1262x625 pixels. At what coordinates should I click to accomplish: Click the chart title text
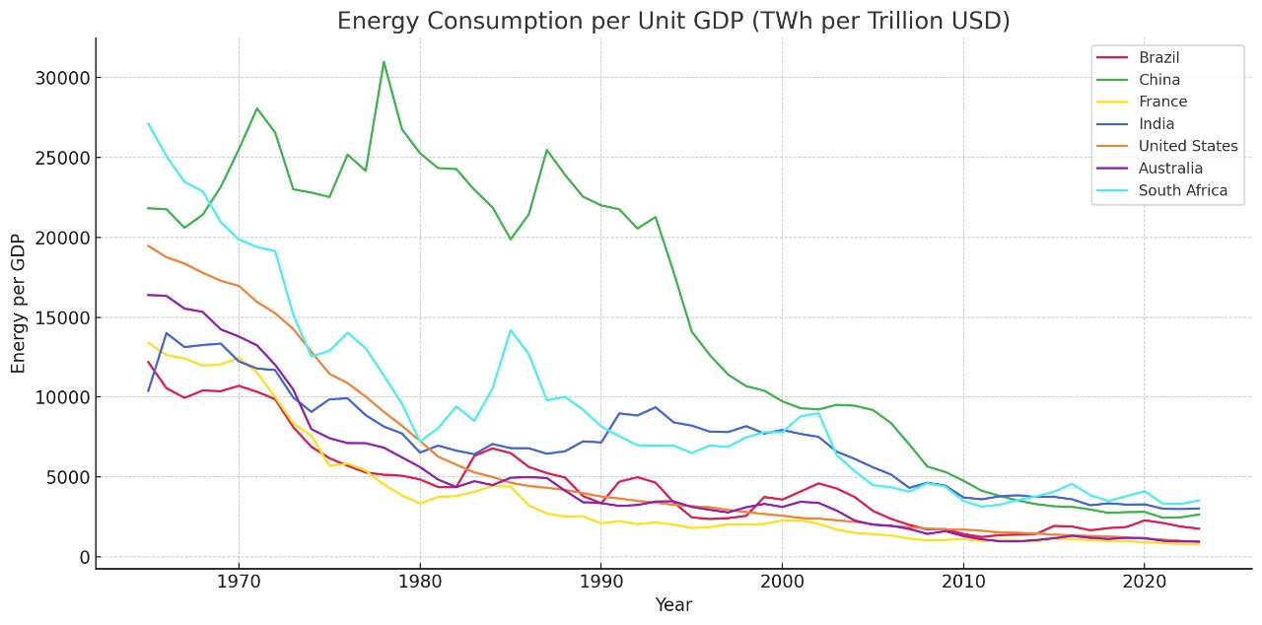point(673,21)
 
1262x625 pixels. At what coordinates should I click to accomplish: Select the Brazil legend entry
point(1158,57)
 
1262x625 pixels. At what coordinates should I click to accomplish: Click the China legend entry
point(1159,80)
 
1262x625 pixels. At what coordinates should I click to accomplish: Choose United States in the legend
point(1187,146)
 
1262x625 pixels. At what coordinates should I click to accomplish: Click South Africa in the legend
point(1182,190)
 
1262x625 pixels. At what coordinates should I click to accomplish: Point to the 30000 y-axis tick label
point(63,78)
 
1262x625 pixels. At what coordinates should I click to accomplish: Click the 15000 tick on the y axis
point(63,317)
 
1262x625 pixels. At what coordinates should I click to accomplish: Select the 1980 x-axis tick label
point(420,581)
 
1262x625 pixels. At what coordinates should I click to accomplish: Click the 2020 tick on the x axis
point(1144,581)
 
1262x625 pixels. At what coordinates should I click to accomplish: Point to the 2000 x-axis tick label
point(782,581)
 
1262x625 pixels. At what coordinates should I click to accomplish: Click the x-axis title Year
point(673,605)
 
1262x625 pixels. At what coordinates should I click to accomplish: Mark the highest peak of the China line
point(384,61)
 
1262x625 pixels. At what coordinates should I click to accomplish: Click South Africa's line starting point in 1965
point(148,123)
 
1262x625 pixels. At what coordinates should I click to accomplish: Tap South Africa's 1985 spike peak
point(510,329)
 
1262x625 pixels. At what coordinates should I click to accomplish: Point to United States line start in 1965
point(148,245)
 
